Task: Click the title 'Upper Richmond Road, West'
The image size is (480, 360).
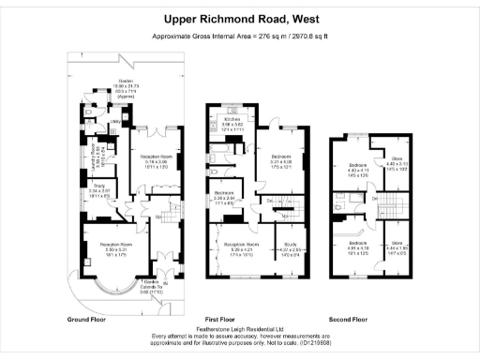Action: tap(240, 17)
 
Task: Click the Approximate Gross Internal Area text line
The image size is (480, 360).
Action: tap(240, 37)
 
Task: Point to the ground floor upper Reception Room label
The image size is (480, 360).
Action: tap(149, 162)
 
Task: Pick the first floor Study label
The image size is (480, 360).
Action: tap(287, 249)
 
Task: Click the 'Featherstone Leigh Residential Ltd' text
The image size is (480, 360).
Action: tap(240, 330)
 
